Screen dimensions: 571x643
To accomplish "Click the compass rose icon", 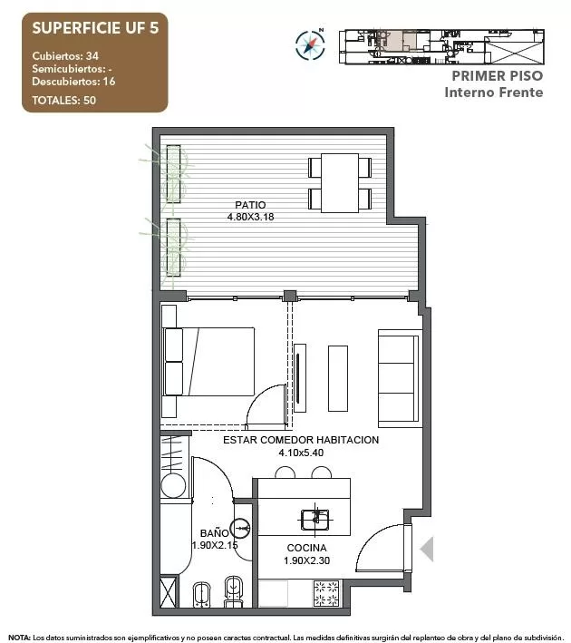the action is [x=310, y=44].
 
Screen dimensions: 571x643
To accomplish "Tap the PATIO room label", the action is [x=250, y=205].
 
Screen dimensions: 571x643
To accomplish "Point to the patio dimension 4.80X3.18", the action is [x=250, y=217].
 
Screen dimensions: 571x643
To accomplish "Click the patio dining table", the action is [x=340, y=183].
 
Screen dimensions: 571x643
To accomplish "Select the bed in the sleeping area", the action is [x=208, y=361].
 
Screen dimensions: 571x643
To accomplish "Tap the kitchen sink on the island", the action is [x=315, y=520].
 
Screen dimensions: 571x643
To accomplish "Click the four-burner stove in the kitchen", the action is [x=326, y=593].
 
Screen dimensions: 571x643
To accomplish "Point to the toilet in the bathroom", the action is [x=233, y=591].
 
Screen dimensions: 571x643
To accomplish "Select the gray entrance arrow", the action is [x=427, y=549].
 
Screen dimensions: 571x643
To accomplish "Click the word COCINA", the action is [x=306, y=548].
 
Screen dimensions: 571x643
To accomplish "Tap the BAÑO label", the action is [x=215, y=533].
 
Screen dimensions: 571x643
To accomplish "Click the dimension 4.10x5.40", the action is [x=301, y=453].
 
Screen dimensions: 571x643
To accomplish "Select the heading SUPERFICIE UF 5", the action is [x=95, y=28].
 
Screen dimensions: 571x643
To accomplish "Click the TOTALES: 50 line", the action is [x=64, y=100].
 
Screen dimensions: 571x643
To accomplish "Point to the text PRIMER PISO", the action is [x=498, y=76].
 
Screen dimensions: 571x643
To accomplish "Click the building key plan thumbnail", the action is [x=441, y=47].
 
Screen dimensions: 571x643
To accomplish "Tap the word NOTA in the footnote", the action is [x=19, y=638].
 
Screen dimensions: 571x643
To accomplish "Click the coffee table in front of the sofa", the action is [x=338, y=378].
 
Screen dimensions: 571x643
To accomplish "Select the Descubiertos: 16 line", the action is [x=73, y=82].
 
